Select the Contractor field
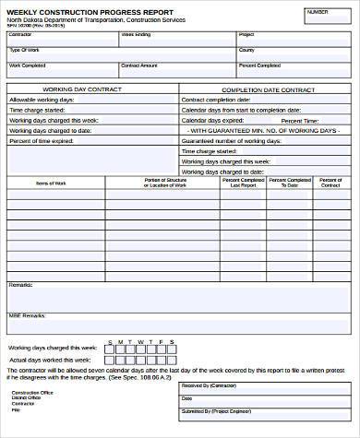click(x=61, y=38)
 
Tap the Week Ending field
click(x=175, y=38)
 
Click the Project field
click(x=294, y=38)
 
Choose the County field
click(x=294, y=53)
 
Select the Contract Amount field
click(x=175, y=69)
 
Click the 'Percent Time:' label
click(x=301, y=120)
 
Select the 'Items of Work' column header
click(x=51, y=183)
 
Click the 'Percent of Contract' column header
click(x=330, y=183)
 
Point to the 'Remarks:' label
click(x=20, y=286)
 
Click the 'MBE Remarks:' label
click(x=26, y=316)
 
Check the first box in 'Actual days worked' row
click(x=112, y=360)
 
